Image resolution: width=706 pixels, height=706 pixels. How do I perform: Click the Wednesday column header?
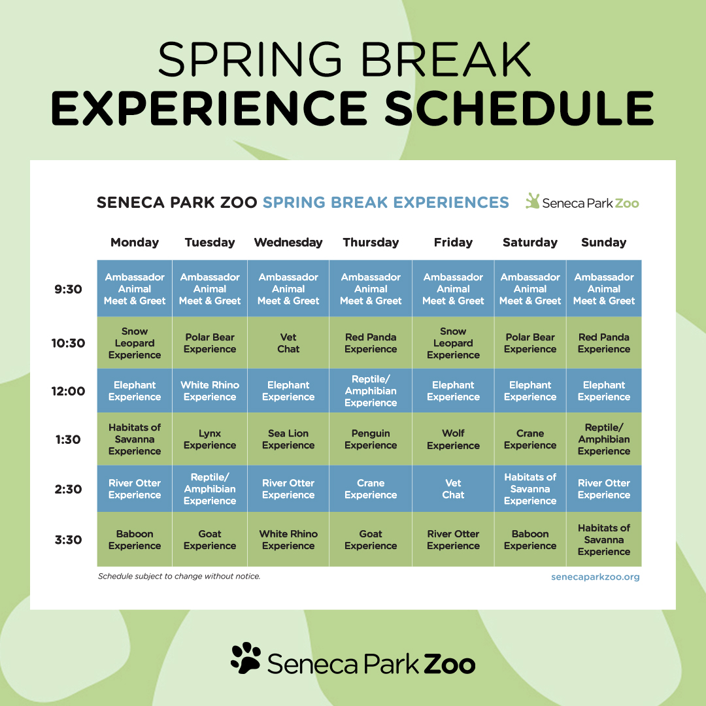click(x=288, y=243)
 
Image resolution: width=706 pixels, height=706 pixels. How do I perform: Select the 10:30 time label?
click(x=68, y=343)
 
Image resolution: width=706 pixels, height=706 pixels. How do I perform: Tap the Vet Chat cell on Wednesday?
click(x=288, y=343)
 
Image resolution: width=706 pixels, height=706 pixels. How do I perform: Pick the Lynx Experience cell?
click(x=210, y=439)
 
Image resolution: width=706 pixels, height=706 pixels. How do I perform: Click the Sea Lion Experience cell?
click(x=288, y=439)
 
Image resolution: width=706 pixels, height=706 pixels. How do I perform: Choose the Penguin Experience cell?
click(x=371, y=439)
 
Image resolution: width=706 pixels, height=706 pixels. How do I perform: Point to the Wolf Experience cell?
click(x=453, y=439)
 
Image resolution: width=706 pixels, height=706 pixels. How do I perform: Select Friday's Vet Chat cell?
click(x=453, y=488)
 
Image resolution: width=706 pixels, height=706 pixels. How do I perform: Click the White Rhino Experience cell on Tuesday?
click(x=210, y=390)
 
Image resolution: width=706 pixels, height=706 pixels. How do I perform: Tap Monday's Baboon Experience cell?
click(x=135, y=539)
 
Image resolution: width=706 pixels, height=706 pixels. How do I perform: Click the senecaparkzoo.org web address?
click(x=596, y=577)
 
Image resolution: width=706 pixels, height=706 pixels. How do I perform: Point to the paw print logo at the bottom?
click(x=246, y=658)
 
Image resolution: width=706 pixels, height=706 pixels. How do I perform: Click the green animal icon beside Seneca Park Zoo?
click(x=533, y=201)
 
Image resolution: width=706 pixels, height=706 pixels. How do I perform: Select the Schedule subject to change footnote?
click(x=179, y=577)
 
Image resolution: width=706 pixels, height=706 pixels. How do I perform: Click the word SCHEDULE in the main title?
click(x=519, y=109)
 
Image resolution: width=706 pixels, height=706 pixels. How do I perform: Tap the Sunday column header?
click(x=604, y=243)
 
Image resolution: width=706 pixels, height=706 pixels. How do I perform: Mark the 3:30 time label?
click(x=68, y=539)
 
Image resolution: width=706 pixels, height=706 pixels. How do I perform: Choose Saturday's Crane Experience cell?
click(x=530, y=439)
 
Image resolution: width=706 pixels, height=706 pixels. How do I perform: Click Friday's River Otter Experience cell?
click(x=453, y=539)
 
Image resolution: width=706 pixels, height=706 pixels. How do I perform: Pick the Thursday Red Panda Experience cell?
click(x=371, y=343)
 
